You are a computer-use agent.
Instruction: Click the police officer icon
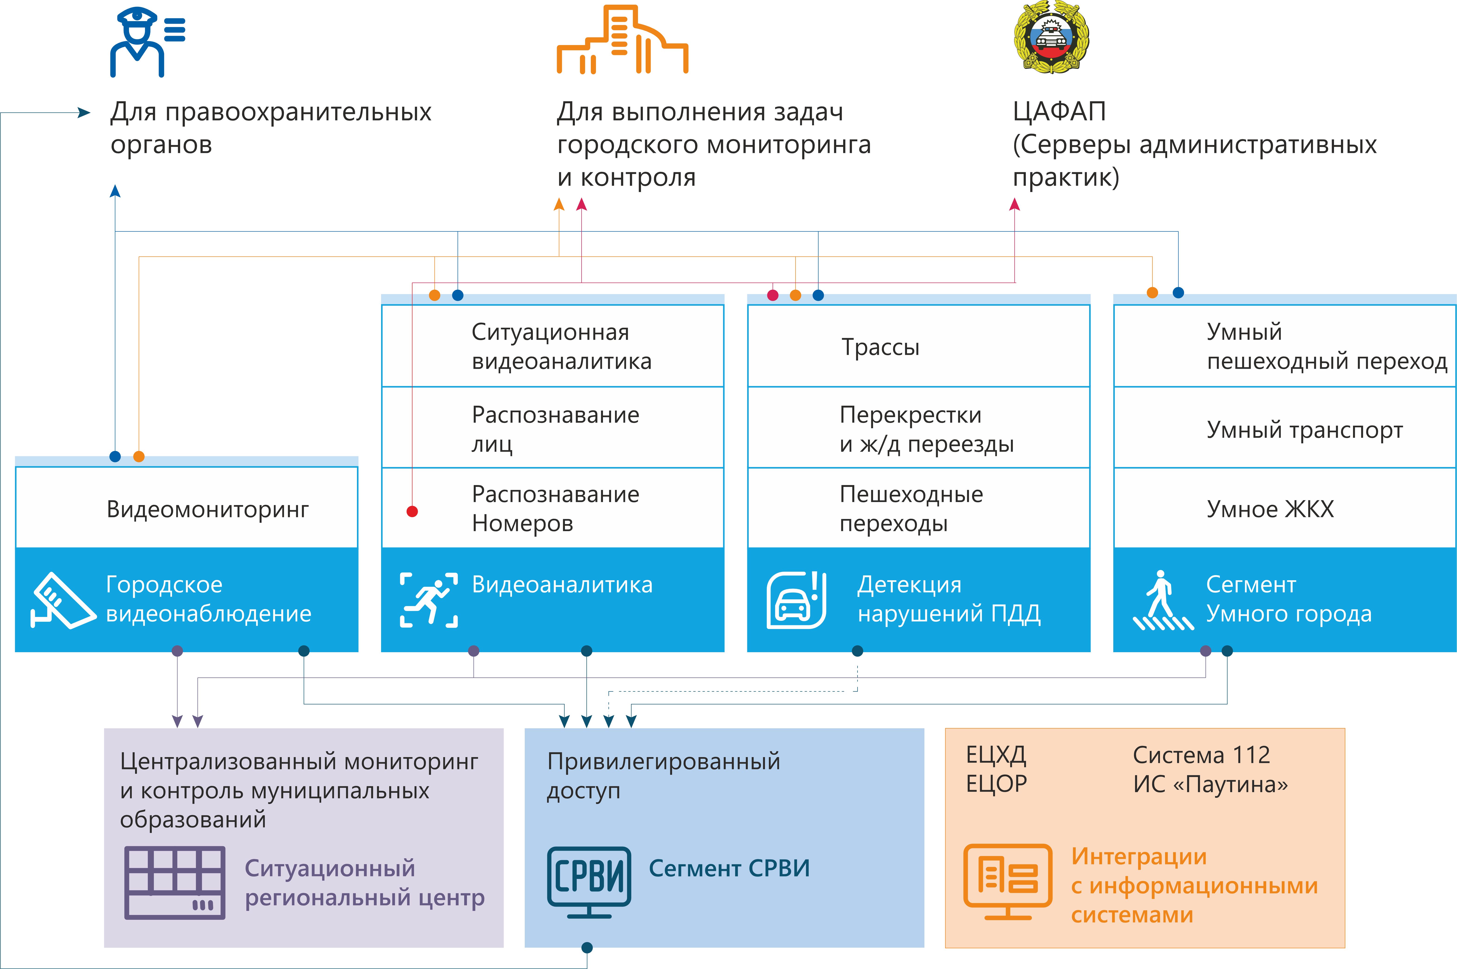[147, 41]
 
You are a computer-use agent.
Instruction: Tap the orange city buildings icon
[622, 39]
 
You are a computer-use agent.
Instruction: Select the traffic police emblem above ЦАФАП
[1051, 37]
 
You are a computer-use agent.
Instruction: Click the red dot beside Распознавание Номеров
[412, 511]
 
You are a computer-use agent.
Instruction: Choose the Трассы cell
[918, 346]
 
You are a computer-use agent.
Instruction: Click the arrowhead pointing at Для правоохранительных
[84, 113]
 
